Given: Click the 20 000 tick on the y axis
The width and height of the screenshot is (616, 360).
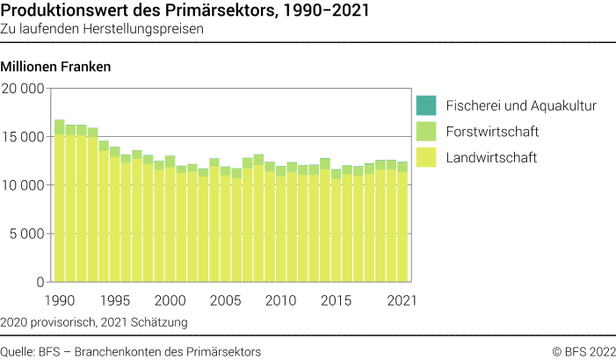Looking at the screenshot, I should (23, 89).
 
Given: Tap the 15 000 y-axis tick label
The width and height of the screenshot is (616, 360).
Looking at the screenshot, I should (23, 137).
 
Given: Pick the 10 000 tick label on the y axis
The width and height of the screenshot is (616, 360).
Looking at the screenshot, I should (23, 185).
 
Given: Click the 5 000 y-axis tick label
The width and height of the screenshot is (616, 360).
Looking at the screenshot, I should (26, 234).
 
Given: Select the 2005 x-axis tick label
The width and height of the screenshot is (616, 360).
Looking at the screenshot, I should (226, 299).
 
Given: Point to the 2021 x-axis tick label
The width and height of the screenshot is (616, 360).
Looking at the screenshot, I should (401, 299).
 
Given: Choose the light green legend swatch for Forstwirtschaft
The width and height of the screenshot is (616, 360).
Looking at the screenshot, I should (425, 132).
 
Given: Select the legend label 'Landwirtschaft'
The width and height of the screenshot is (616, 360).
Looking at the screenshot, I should (491, 158).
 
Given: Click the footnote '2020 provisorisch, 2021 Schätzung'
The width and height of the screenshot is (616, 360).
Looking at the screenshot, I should (95, 322).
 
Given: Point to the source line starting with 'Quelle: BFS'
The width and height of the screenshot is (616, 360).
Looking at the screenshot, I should (132, 351).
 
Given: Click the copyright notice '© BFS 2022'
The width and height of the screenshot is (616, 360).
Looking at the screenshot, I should (583, 351).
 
